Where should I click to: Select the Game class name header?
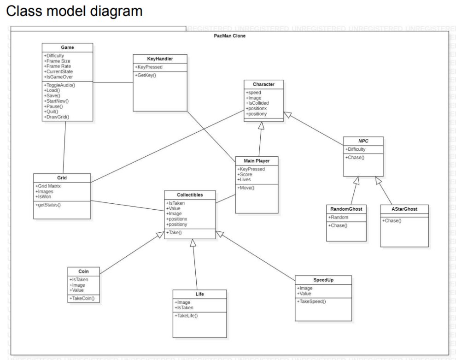click(x=67, y=47)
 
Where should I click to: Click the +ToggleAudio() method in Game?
click(x=59, y=86)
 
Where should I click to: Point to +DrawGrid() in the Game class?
click(x=57, y=117)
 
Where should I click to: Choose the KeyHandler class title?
click(x=159, y=59)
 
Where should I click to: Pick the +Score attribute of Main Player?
click(x=246, y=174)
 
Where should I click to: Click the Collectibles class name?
click(x=190, y=195)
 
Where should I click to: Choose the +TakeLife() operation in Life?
click(x=186, y=315)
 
